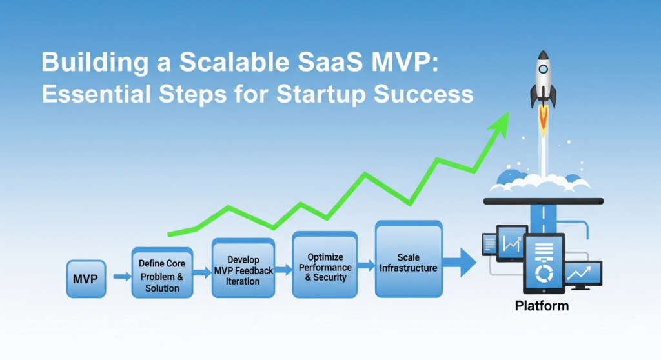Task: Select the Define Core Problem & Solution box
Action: (x=162, y=272)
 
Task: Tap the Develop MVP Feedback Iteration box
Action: (x=243, y=268)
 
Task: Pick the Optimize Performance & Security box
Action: (x=325, y=265)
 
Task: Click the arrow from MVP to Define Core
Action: (x=121, y=277)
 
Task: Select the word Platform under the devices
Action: (x=542, y=306)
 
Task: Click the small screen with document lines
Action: (x=491, y=245)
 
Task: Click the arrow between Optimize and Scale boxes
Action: (x=367, y=265)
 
